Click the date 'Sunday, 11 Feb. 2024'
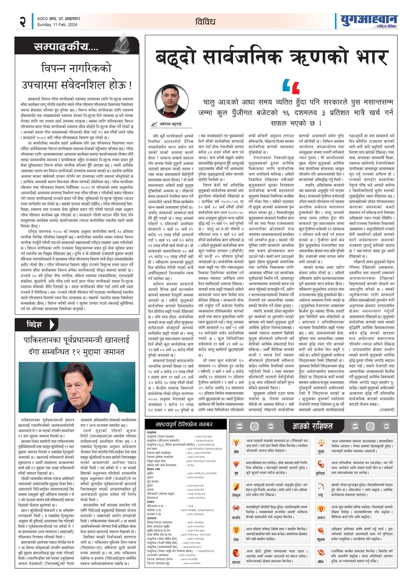pos(57,25)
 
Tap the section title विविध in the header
pos(205,22)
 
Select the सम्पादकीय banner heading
pos(66,47)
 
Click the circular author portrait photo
pos(172,101)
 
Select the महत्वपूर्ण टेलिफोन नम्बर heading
pos(184,424)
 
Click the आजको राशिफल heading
pos(312,426)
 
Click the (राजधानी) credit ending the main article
pos(387,410)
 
